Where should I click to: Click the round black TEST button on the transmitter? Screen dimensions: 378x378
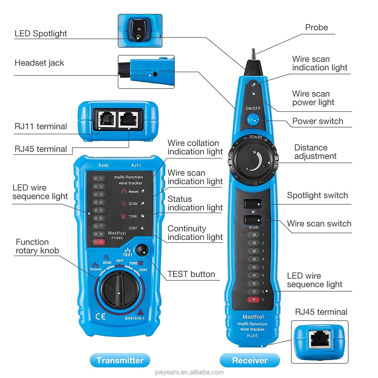[142, 250]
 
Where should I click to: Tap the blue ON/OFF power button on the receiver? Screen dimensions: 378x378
[253, 119]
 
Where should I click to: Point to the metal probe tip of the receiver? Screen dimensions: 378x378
[254, 54]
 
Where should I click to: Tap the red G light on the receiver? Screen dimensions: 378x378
[253, 300]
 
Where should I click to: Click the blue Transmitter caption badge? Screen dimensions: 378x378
[120, 360]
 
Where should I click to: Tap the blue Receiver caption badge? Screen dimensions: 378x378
[250, 360]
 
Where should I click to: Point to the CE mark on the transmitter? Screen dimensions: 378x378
[100, 317]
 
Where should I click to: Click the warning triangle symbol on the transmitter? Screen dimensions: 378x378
[140, 312]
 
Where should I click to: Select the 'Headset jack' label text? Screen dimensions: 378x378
[39, 63]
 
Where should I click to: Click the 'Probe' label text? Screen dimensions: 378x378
[317, 27]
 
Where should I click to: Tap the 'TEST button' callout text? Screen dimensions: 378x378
[191, 274]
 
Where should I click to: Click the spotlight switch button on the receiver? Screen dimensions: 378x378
[253, 204]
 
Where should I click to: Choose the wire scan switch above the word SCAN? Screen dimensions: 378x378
[253, 220]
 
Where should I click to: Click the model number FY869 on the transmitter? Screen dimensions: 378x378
[117, 238]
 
